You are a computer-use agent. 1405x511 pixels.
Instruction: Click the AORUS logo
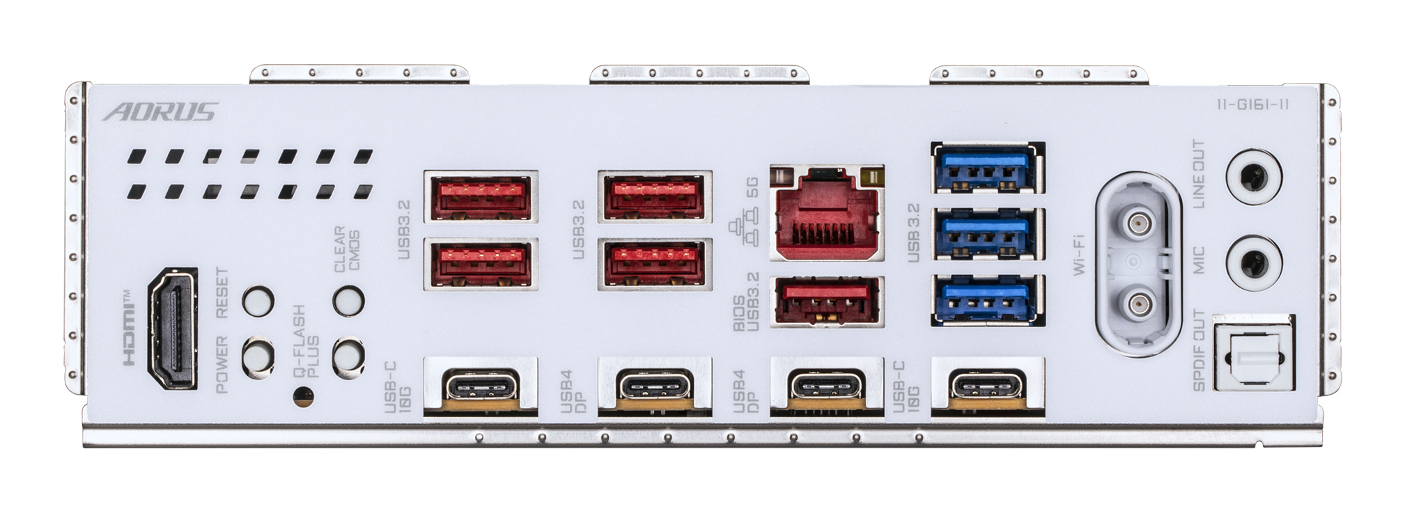160,112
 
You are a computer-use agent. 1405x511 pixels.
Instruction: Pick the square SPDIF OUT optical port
1253,352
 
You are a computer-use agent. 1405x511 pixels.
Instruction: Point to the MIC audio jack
1253,262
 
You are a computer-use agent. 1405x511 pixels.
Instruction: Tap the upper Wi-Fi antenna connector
1138,224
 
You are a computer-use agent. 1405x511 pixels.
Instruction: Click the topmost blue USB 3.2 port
987,168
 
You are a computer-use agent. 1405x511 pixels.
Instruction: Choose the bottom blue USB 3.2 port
987,300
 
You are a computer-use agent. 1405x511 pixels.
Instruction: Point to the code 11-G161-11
1252,105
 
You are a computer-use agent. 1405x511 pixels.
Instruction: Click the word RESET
222,293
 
